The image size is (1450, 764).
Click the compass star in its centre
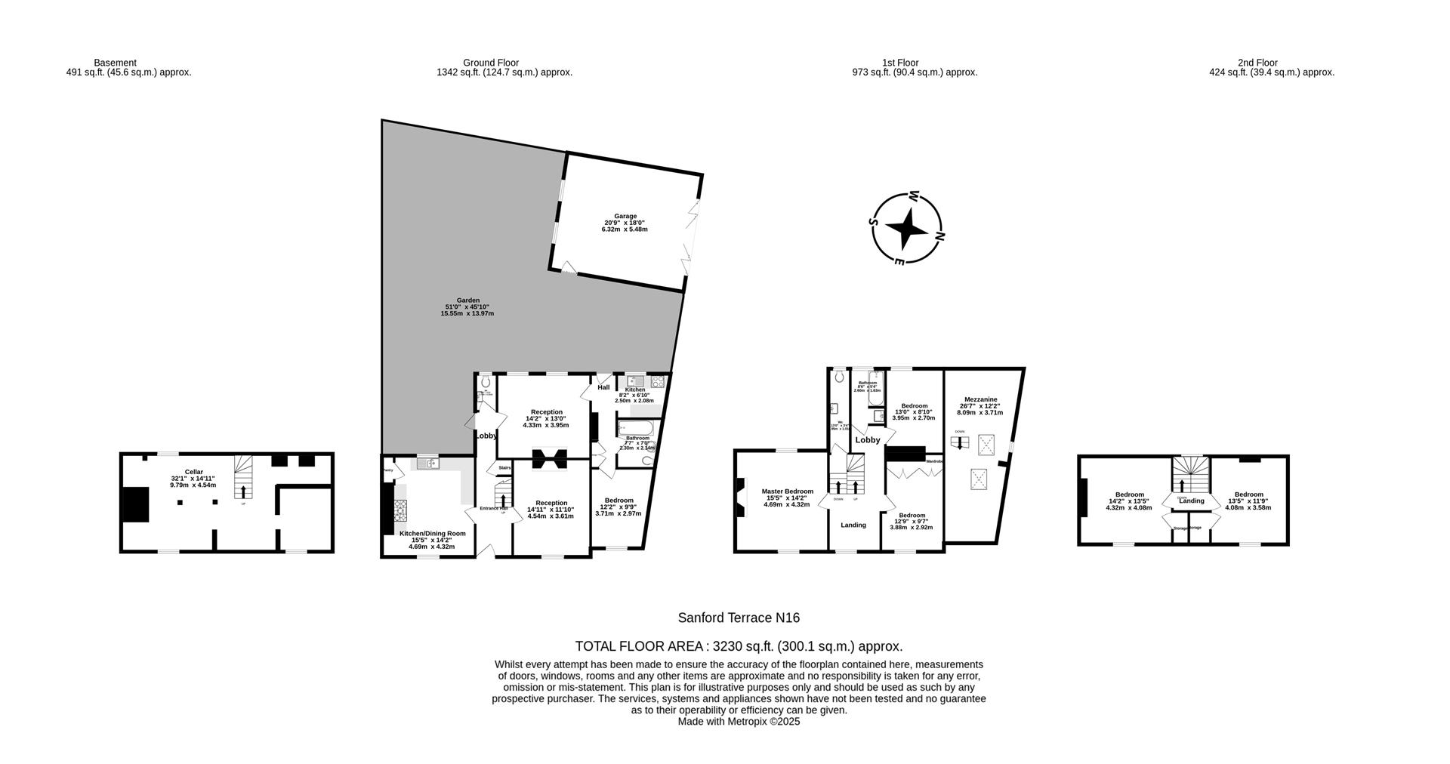click(x=906, y=229)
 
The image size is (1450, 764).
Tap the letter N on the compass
click(x=940, y=236)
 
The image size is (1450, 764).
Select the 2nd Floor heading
click(x=1257, y=63)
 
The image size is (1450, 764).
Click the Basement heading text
click(x=115, y=63)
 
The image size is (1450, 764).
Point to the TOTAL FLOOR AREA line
click(x=739, y=646)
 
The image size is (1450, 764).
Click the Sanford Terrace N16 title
click(x=739, y=618)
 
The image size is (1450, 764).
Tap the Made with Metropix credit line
click(x=739, y=722)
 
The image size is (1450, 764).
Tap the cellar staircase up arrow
click(x=243, y=492)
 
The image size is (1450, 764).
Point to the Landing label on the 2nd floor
click(x=1192, y=501)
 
